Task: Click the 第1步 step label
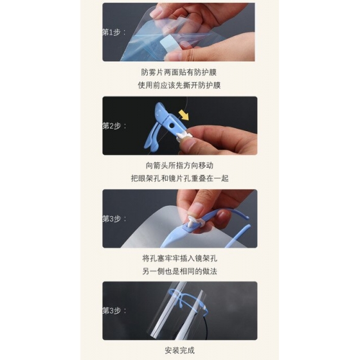[x=114, y=32]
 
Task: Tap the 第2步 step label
[x=114, y=126]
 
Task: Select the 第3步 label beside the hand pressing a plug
[x=114, y=219]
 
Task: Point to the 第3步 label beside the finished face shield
[x=114, y=311]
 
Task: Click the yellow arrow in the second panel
[x=184, y=115]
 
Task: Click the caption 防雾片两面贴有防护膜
[x=179, y=73]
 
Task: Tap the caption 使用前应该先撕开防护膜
[x=179, y=85]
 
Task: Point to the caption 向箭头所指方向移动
[x=179, y=166]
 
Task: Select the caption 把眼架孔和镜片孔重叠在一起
[x=180, y=179]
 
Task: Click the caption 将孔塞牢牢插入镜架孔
[x=180, y=258]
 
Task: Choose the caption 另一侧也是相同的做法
[x=180, y=271]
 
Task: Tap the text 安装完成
[x=180, y=350]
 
